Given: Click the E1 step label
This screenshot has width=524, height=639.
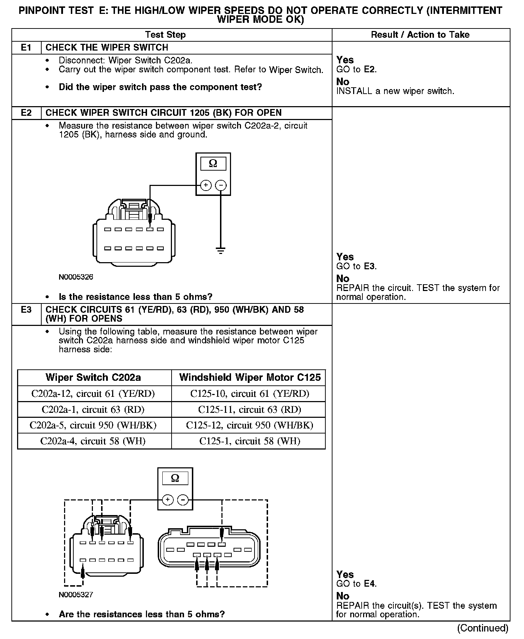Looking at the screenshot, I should click(x=26, y=48).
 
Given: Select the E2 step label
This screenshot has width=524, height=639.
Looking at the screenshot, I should click(x=26, y=113).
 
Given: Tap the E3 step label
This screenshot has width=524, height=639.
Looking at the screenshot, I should click(x=26, y=310).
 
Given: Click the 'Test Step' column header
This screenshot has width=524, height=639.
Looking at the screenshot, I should click(x=165, y=35).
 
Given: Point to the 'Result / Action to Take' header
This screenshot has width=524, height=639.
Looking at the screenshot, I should click(x=420, y=35).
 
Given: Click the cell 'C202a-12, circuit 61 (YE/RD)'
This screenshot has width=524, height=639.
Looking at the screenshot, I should click(x=93, y=394).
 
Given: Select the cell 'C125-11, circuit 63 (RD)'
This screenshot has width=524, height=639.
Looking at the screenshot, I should click(x=250, y=410).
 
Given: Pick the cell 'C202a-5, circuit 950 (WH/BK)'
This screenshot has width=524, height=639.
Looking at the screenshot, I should click(x=93, y=425).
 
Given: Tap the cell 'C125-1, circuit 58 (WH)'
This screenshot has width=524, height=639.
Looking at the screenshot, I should click(x=250, y=441).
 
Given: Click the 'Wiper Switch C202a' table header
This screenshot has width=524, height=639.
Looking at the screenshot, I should click(x=93, y=378).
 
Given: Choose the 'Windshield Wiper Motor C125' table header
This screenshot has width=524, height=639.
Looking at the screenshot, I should click(x=250, y=378).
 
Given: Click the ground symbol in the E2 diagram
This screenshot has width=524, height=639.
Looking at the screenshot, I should click(x=221, y=250).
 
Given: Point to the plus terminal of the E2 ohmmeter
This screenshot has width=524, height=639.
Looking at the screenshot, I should click(x=206, y=185).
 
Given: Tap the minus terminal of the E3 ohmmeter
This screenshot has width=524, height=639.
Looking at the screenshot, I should click(x=183, y=500).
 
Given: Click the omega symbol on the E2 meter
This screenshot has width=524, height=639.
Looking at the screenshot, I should click(x=213, y=163).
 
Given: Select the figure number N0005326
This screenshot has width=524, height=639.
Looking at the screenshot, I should click(x=76, y=277).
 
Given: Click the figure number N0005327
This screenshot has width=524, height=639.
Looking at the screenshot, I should click(x=76, y=594).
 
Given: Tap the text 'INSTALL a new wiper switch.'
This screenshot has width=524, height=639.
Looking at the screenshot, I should click(x=395, y=91).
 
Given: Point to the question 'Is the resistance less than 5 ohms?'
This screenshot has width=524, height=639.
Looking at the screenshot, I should click(x=135, y=297).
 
